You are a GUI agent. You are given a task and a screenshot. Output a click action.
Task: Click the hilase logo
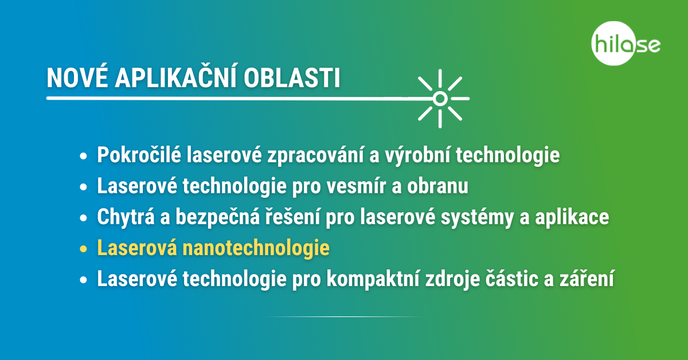pos(626,44)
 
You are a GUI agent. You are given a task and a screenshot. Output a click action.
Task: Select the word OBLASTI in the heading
pos(292,78)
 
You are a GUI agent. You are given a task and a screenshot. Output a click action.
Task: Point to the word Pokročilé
pos(139,155)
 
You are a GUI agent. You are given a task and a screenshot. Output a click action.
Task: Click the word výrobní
pos(417,155)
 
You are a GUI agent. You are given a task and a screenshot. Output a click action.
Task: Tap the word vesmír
pos(356,186)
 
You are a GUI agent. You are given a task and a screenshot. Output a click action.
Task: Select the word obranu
pos(437,186)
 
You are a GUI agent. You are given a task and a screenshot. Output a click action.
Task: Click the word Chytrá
pos(126,217)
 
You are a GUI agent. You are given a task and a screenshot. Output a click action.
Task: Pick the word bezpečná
pos(218,217)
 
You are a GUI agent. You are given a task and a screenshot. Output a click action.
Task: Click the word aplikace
pos(572,217)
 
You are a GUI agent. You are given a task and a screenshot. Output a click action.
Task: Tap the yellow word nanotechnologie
pos(256,248)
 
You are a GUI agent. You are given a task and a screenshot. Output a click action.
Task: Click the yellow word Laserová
pos(137,248)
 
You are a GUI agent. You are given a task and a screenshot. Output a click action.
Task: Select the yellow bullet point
pos(83,248)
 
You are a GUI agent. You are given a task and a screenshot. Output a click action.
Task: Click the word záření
pos(587,278)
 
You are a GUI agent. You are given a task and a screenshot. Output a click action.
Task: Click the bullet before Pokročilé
pos(83,156)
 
